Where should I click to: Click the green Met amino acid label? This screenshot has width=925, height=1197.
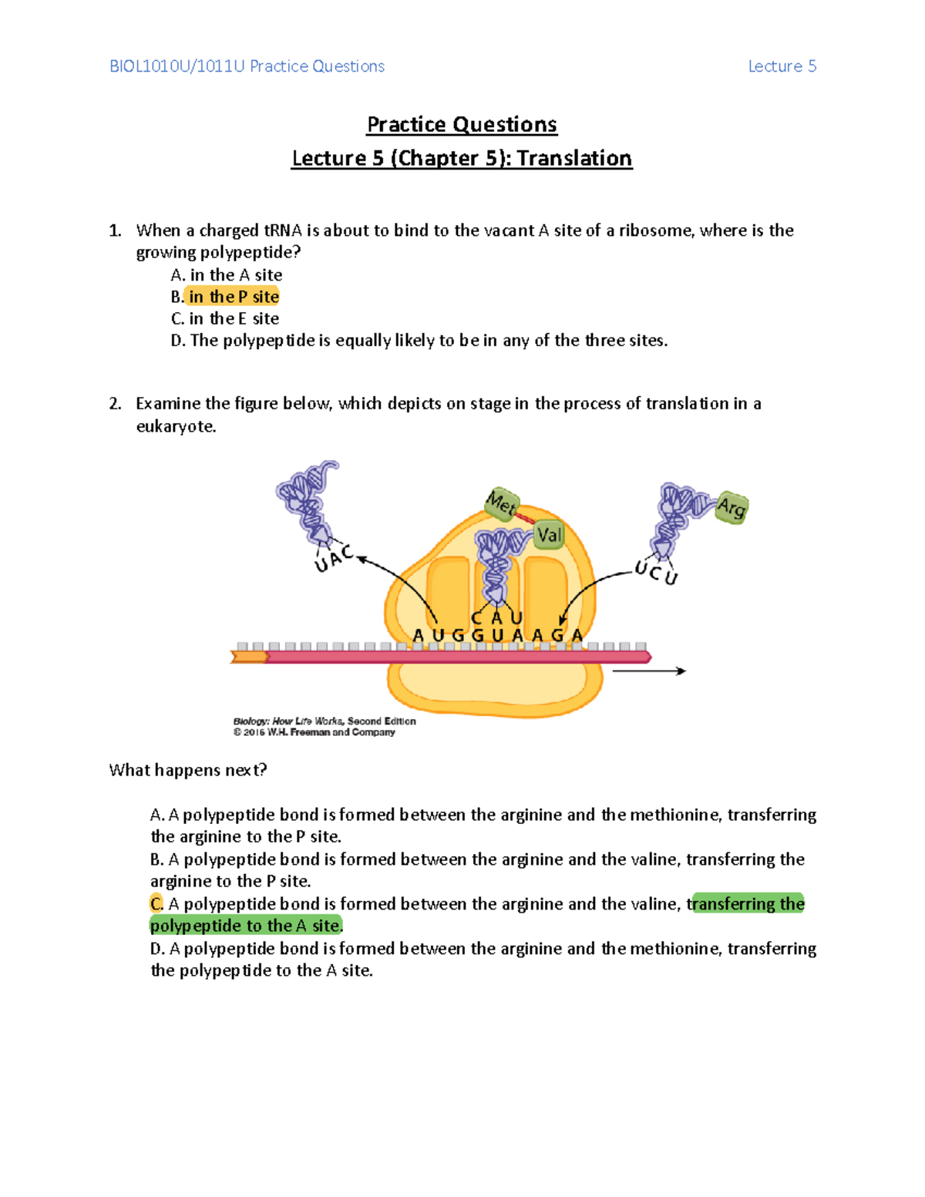point(502,504)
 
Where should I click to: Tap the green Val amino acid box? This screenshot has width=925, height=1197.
point(549,534)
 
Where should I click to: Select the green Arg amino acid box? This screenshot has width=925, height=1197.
point(731,507)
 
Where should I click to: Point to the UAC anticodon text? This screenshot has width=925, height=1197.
point(334,558)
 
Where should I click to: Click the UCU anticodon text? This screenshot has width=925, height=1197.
point(656,573)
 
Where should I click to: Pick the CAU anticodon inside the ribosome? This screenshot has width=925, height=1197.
point(497,617)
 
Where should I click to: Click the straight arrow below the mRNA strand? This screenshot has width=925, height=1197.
point(648,671)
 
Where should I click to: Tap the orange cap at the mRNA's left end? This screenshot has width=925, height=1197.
point(248,657)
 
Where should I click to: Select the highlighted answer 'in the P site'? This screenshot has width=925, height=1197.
point(234,297)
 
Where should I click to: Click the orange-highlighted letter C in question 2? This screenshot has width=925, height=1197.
point(156,903)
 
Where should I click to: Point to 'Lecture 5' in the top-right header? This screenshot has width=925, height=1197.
point(782,66)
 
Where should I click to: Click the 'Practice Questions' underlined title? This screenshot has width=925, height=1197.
point(462,124)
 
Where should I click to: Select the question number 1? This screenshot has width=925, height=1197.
point(115,230)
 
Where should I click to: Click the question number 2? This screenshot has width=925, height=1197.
point(115,404)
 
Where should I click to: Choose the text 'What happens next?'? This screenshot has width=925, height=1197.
point(188,770)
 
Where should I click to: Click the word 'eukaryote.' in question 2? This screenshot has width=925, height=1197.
point(176,426)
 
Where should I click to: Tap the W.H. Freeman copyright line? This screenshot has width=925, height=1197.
point(314,732)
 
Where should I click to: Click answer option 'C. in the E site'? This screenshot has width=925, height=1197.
point(224,318)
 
